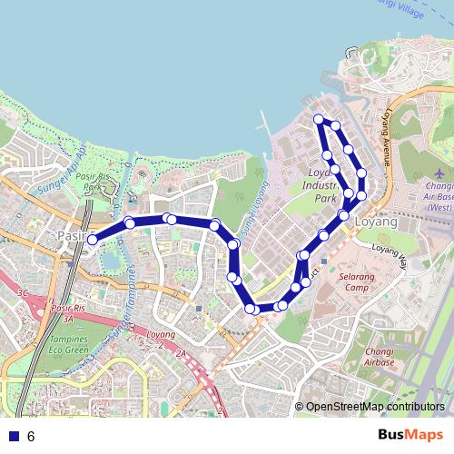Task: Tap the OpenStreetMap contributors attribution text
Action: (x=375, y=407)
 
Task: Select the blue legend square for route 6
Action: (x=14, y=436)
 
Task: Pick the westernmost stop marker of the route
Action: (x=92, y=240)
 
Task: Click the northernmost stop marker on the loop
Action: (x=318, y=119)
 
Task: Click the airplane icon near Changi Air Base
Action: (x=440, y=173)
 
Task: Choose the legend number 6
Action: (x=31, y=436)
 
